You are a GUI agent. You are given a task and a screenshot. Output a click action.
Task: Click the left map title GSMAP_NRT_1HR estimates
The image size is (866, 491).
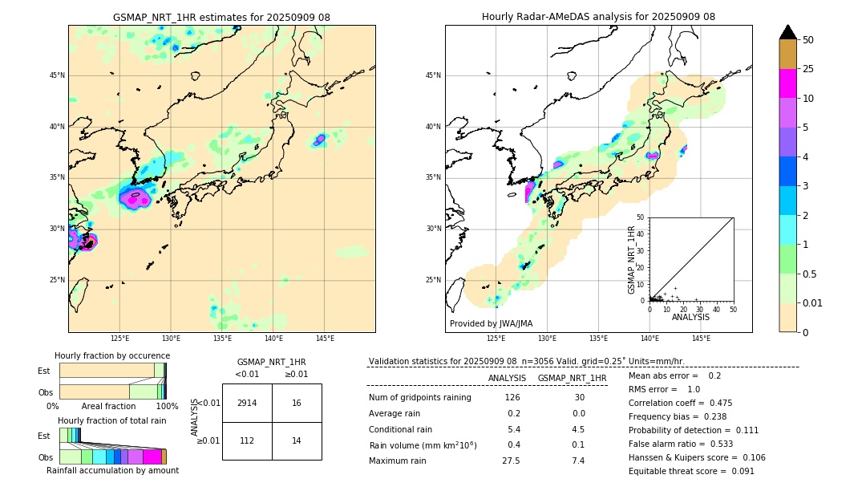(x=221, y=17)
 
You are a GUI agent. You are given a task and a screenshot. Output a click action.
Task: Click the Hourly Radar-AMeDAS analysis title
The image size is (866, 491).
(x=598, y=17)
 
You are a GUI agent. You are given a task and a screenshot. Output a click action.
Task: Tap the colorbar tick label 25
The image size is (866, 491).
(x=808, y=69)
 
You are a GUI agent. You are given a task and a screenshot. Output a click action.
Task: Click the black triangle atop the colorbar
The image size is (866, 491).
(x=788, y=32)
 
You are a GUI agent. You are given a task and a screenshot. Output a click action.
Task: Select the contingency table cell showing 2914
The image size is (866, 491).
(x=247, y=403)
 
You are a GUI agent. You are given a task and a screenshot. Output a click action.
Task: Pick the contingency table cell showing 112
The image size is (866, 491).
(x=247, y=440)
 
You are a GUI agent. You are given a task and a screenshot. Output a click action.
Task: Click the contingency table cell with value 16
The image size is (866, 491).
(x=297, y=403)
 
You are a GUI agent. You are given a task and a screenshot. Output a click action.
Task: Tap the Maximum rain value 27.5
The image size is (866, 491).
(x=511, y=461)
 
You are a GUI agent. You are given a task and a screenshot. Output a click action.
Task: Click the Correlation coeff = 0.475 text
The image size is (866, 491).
(x=680, y=403)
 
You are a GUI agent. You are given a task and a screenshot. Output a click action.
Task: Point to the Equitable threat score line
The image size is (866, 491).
(x=691, y=471)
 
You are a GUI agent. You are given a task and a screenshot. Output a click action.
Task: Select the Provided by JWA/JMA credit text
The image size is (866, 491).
(x=491, y=323)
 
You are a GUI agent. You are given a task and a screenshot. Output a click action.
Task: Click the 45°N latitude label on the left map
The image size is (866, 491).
(x=57, y=75)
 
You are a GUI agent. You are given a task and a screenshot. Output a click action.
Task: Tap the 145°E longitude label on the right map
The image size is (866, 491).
(x=701, y=339)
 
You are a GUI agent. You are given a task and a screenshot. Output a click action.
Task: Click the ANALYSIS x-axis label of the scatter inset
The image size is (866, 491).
(x=690, y=317)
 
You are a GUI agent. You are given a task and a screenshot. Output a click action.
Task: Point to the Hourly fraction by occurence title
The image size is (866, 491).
(x=112, y=355)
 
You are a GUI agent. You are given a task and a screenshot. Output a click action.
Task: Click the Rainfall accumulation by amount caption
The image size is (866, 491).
(x=112, y=470)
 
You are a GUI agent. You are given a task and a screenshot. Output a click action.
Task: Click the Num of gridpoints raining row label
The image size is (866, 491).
(x=419, y=397)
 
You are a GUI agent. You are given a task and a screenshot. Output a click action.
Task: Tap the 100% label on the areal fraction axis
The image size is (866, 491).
(x=166, y=406)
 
